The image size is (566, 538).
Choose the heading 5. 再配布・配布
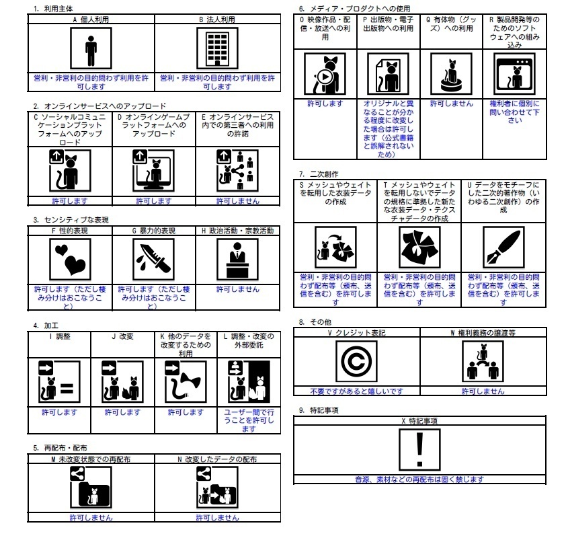[x=60, y=447]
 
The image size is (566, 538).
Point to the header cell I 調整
[x=59, y=335]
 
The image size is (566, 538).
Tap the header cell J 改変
[x=122, y=335]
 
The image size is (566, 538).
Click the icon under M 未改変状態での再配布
[x=91, y=489]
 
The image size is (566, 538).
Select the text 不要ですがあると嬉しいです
[x=356, y=391]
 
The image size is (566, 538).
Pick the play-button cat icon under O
[x=325, y=75]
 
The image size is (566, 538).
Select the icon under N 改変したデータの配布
[x=217, y=489]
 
